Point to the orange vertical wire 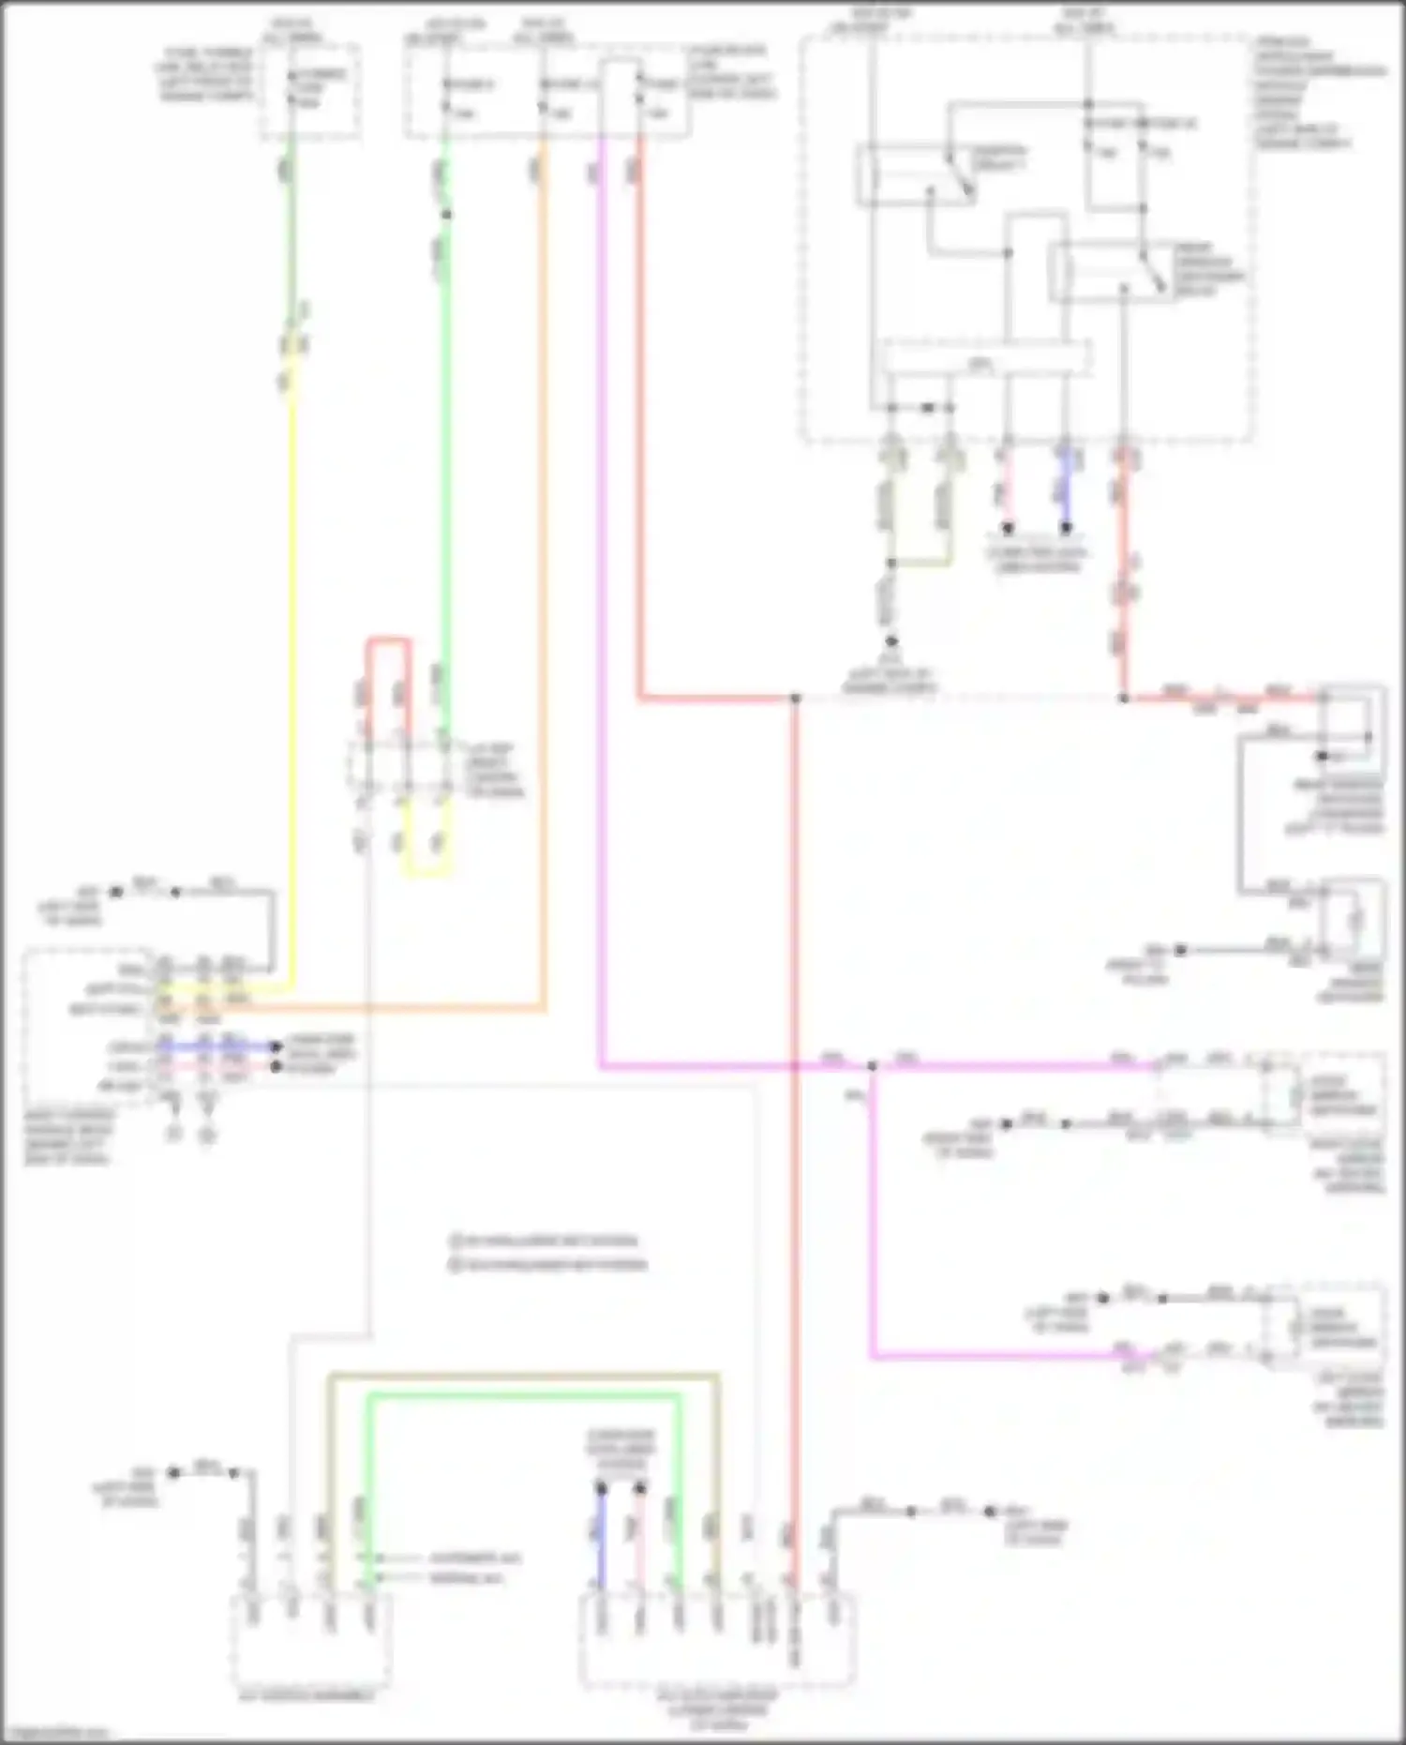[x=544, y=581]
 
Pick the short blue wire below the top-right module [x=1066, y=492]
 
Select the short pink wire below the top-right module [x=1006, y=492]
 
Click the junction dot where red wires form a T [x=795, y=699]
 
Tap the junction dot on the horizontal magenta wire [x=872, y=1066]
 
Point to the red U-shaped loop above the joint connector [x=388, y=641]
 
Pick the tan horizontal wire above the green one [x=525, y=1376]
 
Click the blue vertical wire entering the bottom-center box [x=602, y=1538]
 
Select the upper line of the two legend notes [x=544, y=1241]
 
